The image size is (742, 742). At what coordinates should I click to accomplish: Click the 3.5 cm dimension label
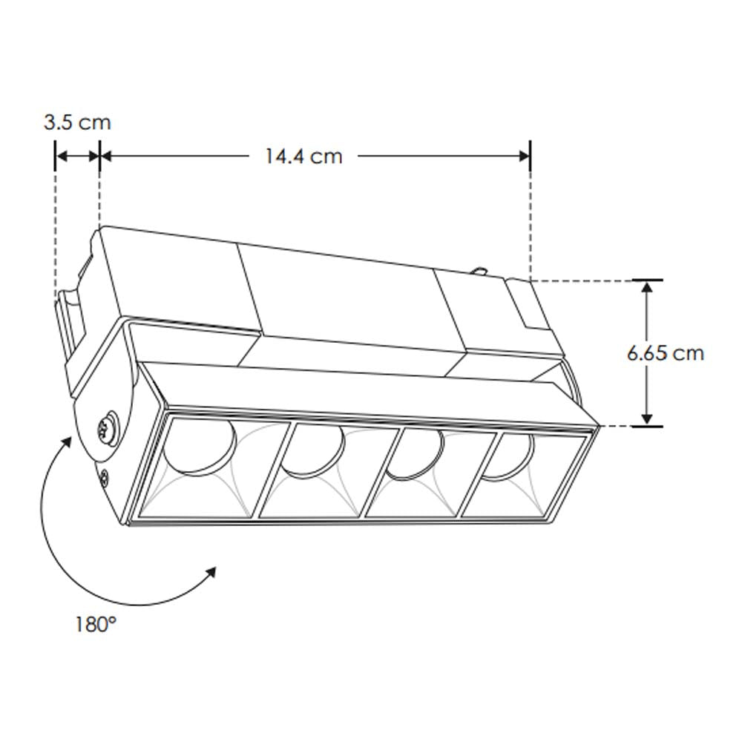(x=76, y=122)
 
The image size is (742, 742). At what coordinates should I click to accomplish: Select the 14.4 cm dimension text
(x=303, y=157)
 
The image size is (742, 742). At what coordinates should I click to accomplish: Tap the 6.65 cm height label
(x=665, y=353)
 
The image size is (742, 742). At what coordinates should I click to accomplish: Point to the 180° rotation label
(x=96, y=624)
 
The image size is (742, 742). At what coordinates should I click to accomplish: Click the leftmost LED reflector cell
(x=211, y=467)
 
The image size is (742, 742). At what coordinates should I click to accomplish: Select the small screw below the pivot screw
(x=105, y=479)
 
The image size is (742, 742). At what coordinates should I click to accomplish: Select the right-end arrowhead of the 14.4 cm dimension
(x=524, y=156)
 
